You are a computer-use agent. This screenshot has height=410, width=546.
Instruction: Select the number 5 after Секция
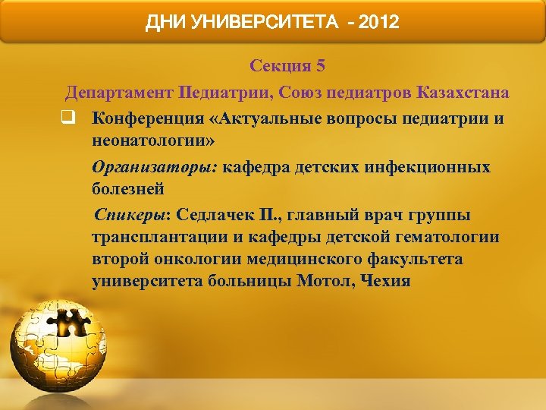tap(321, 66)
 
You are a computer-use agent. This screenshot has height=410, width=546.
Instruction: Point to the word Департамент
tap(118, 93)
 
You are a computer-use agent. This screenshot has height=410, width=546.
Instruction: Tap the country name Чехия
tap(387, 282)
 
